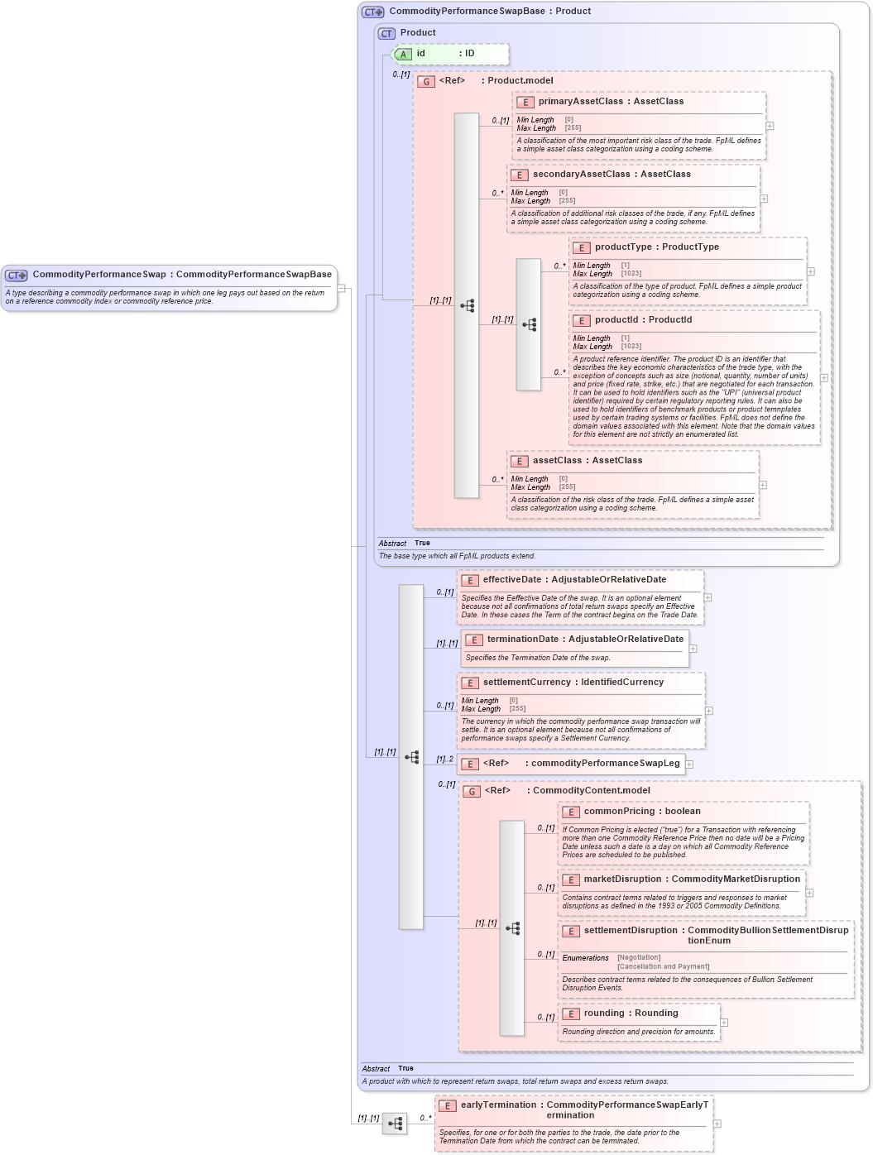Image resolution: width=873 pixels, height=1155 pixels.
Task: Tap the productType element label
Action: (623, 247)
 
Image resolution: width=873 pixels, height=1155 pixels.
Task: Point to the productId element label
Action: (616, 320)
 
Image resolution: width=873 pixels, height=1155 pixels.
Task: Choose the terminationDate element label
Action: (522, 640)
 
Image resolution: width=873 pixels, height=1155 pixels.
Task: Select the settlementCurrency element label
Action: (526, 683)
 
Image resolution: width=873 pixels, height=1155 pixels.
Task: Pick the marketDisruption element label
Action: (626, 879)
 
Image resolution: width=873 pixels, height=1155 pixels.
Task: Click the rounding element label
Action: (604, 1014)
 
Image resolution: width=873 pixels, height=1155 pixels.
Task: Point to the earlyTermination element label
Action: (498, 1105)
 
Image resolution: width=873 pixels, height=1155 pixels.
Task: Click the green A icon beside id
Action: (403, 55)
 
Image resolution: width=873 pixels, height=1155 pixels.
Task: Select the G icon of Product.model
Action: (426, 82)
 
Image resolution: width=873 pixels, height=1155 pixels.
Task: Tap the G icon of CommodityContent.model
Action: (472, 792)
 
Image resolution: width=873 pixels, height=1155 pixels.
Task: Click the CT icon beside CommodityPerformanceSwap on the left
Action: (16, 276)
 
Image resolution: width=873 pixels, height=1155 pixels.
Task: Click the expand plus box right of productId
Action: (823, 378)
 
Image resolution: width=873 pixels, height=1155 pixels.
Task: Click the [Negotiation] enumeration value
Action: (639, 958)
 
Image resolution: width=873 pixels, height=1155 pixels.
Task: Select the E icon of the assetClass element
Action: (519, 462)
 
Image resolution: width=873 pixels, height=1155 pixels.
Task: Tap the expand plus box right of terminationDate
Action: (693, 649)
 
